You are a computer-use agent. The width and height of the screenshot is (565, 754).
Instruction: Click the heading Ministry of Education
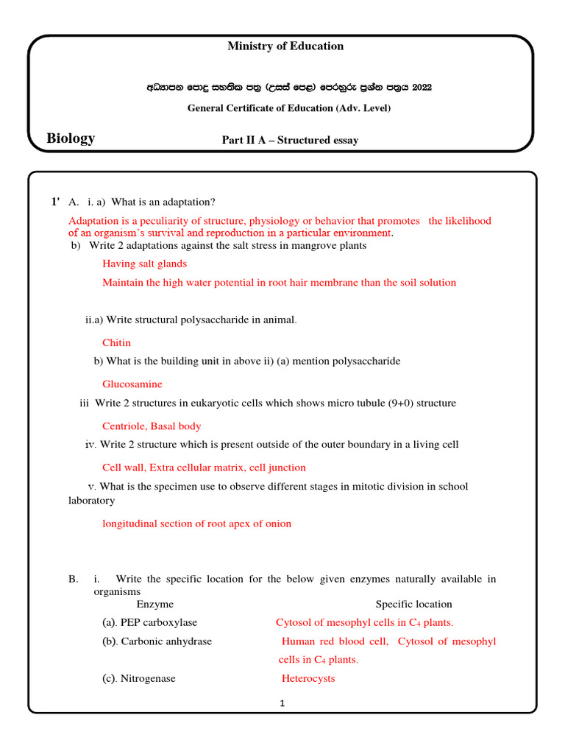285,46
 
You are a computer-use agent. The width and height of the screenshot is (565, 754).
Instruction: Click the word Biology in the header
71,138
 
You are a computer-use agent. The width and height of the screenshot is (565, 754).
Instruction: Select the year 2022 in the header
422,87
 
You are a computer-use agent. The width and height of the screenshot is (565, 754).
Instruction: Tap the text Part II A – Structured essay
291,140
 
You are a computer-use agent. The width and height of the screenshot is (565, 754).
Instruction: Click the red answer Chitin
116,342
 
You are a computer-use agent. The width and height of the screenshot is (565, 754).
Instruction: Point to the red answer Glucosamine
132,384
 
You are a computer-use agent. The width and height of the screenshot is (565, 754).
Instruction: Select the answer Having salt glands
145,264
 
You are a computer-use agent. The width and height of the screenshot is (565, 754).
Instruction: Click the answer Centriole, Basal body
152,426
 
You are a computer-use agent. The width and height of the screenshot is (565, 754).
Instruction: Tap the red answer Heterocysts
308,678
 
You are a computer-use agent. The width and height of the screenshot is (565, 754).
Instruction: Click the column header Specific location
413,604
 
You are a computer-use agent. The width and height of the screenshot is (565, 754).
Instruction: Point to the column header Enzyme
155,604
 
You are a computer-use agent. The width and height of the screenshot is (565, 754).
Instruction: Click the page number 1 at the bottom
282,703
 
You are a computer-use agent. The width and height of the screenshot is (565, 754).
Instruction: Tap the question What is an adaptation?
163,202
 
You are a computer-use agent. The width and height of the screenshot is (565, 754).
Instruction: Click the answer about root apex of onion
196,524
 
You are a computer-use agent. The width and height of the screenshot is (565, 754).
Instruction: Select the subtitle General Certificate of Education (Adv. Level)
288,108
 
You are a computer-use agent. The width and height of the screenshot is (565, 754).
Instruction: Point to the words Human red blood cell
335,641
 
